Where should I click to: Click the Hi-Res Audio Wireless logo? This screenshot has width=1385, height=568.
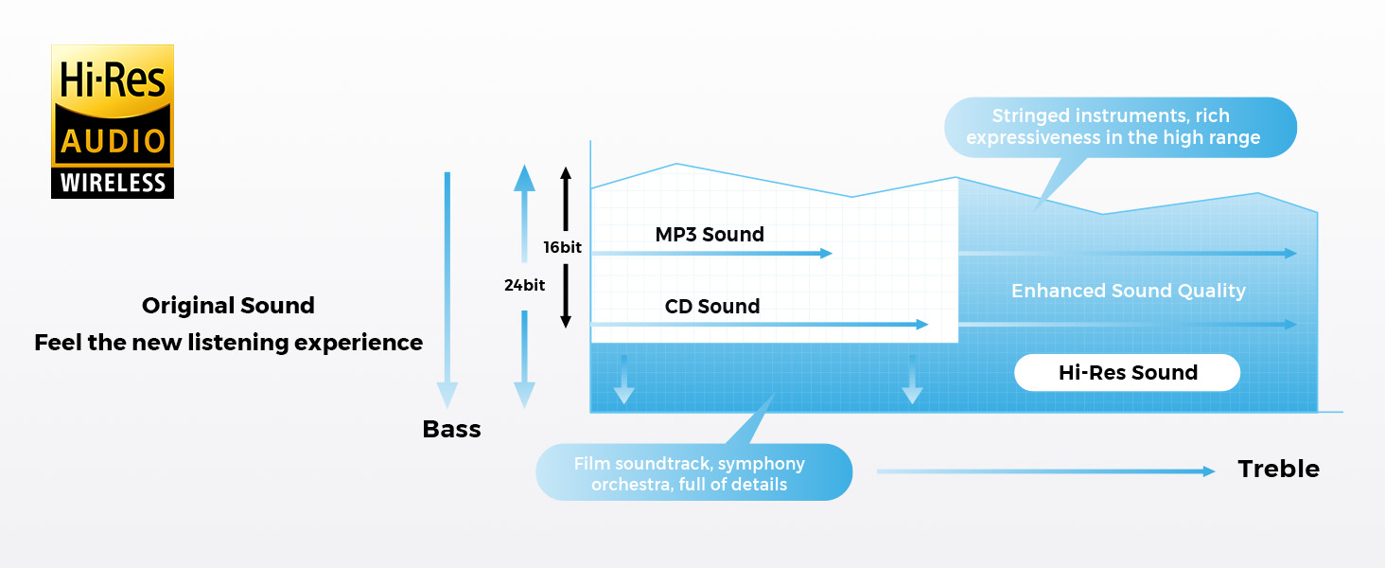click(113, 121)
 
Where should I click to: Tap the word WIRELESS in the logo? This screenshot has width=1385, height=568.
click(113, 183)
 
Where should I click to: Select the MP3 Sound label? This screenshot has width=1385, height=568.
click(710, 234)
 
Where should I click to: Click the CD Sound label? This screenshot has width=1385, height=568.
click(712, 306)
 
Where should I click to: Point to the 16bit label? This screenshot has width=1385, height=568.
click(562, 247)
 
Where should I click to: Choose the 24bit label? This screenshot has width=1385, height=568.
click(524, 284)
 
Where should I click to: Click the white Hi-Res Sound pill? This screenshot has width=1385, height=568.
click(1127, 373)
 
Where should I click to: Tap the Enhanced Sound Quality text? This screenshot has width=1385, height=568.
click(1128, 291)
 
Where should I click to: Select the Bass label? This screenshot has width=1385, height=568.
click(451, 429)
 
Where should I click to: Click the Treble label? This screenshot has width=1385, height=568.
click(1278, 469)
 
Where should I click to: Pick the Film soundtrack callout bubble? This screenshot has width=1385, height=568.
click(692, 472)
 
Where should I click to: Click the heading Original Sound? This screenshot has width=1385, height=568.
click(228, 306)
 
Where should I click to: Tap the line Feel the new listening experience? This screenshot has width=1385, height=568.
click(228, 342)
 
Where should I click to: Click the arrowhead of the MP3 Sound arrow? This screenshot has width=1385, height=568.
click(826, 253)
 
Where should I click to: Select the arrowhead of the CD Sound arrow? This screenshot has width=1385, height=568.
click(922, 325)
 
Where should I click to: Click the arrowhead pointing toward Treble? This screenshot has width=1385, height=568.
click(1209, 470)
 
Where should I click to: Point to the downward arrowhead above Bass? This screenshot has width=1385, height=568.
click(447, 395)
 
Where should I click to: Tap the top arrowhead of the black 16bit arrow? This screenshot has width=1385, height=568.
click(566, 173)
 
